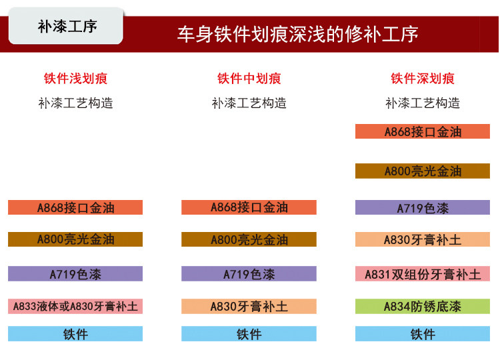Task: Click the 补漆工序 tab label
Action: pos(67,26)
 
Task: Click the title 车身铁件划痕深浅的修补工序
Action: pos(297,34)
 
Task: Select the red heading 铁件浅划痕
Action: pos(75,79)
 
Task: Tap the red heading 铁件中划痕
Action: pos(249,79)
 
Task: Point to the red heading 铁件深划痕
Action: pos(423,79)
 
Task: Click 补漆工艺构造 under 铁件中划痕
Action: pos(249,103)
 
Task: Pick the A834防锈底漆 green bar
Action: pos(423,306)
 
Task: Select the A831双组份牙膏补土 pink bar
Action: pos(423,273)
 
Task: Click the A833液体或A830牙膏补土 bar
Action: pos(75,306)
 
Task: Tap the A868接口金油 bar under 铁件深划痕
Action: pos(423,131)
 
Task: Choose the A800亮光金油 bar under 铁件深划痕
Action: pos(423,171)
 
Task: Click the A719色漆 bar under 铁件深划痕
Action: pos(423,207)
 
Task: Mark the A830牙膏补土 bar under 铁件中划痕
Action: pos(249,306)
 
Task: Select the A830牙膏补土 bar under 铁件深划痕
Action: pos(423,239)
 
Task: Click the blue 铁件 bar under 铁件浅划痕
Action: pos(75,333)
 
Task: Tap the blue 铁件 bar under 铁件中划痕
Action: pos(249,333)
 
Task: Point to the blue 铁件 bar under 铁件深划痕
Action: pos(423,333)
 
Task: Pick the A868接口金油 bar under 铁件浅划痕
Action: pos(75,207)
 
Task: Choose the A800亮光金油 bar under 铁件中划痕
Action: pos(249,239)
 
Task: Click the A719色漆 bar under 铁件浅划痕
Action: pos(75,273)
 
